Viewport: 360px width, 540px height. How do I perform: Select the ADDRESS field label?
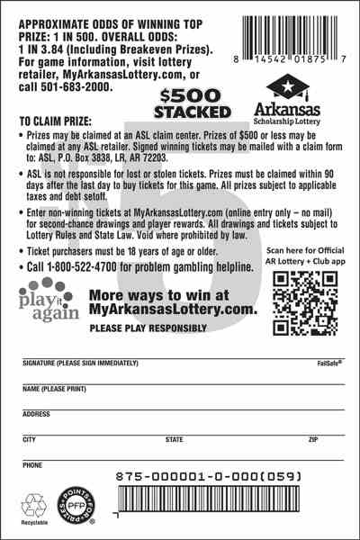click(x=35, y=414)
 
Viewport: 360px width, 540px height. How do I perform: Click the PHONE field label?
click(x=31, y=465)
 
